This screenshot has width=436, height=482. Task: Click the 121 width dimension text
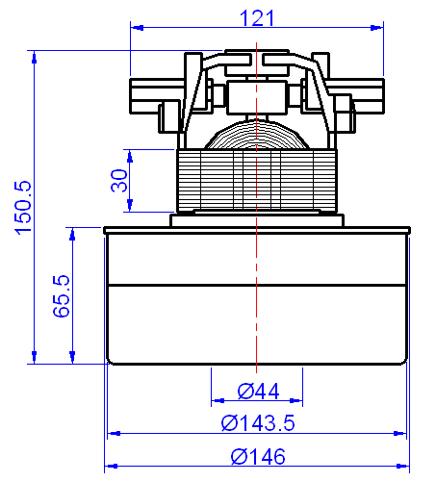[x=257, y=16]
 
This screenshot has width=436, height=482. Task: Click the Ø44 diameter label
[x=257, y=392]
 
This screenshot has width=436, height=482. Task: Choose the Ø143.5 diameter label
[x=257, y=423]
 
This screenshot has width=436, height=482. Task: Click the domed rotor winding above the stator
[x=257, y=135]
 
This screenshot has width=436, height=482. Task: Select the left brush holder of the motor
[x=154, y=96]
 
